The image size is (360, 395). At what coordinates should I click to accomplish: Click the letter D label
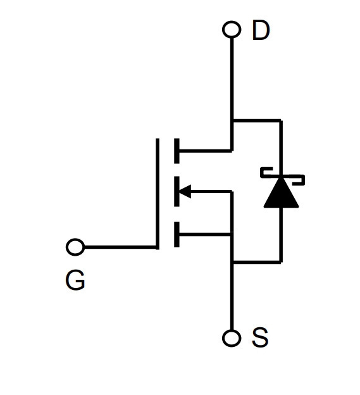tap(261, 30)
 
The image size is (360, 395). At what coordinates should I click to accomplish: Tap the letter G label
tap(75, 280)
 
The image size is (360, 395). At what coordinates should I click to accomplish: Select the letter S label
tap(260, 337)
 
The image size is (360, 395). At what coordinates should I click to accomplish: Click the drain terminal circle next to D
tap(232, 30)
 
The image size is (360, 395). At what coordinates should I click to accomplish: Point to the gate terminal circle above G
tap(75, 247)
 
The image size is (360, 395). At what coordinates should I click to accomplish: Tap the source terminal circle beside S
tap(232, 338)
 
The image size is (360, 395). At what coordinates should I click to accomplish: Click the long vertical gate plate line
tap(158, 194)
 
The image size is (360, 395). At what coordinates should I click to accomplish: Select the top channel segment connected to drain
tap(177, 151)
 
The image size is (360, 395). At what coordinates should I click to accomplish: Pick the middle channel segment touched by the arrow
tap(177, 191)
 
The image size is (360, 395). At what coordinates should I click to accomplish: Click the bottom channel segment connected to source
tap(177, 234)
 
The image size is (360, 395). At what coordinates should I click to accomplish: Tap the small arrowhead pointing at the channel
tap(185, 191)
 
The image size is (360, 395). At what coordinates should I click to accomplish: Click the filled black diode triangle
tap(281, 192)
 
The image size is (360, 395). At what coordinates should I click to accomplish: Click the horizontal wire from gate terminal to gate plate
tap(120, 248)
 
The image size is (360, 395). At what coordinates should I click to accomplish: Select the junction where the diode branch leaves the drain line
tap(232, 121)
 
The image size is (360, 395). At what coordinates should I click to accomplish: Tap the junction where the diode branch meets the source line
tap(232, 262)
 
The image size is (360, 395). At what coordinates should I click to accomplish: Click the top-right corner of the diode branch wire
tap(281, 121)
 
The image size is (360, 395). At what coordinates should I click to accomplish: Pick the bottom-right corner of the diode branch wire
tap(281, 262)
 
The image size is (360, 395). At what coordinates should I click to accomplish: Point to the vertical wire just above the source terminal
tap(232, 297)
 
